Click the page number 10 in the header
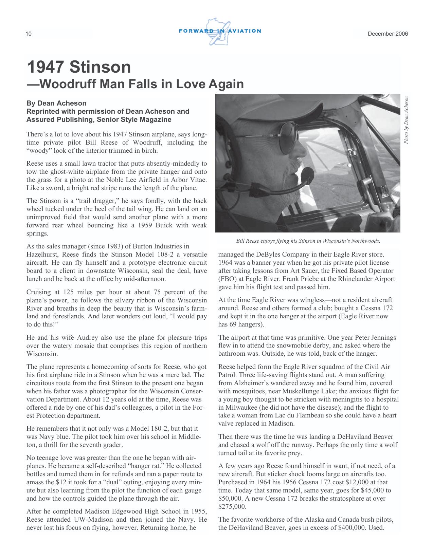point(29,34)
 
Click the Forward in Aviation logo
point(219,32)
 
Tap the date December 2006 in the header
point(388,34)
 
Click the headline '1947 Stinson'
point(79,67)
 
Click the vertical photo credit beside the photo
point(406,120)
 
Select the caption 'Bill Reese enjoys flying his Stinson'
point(308,241)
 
